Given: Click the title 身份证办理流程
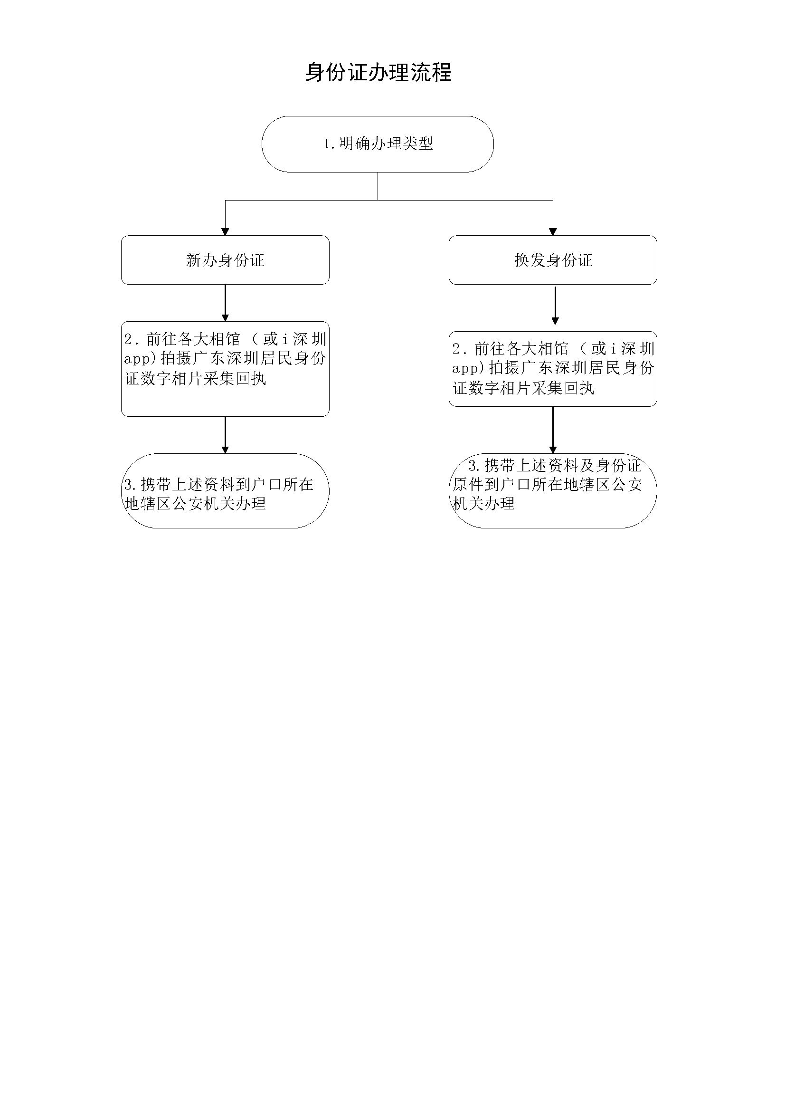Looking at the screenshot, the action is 378,73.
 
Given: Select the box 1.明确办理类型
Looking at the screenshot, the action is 378,144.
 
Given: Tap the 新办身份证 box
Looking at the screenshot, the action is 226,260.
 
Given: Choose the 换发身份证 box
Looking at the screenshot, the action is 553,260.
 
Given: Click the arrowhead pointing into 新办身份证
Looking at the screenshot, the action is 226,232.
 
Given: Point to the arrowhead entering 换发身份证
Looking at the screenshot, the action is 553,232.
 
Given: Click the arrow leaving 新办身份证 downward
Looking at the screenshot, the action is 226,303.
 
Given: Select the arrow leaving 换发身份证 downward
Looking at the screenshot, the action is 555,306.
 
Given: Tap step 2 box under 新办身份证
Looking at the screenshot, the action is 226,369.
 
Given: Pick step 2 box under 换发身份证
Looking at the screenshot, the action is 553,369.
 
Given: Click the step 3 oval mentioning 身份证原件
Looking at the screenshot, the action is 553,491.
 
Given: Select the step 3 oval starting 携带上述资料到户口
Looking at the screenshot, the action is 226,491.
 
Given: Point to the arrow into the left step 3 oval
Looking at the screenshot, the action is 226,435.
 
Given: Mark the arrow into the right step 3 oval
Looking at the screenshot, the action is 553,430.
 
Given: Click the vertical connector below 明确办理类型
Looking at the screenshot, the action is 378,186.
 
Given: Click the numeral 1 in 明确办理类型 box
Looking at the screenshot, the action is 328,144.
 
